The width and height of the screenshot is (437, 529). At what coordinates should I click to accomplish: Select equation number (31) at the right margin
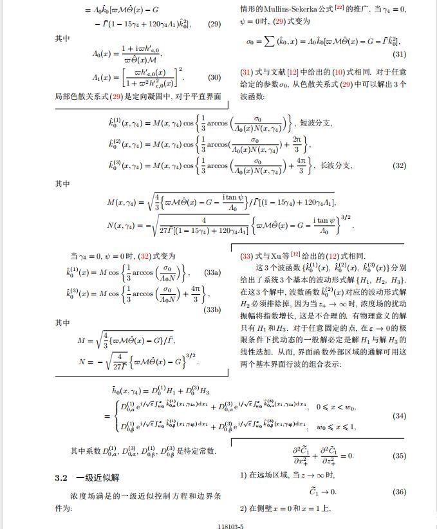coord(399,55)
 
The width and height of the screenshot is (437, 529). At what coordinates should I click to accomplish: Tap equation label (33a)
coord(211,273)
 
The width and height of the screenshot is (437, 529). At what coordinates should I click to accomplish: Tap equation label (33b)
coord(212,310)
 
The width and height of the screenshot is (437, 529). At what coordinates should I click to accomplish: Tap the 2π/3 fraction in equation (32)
coord(299,144)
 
